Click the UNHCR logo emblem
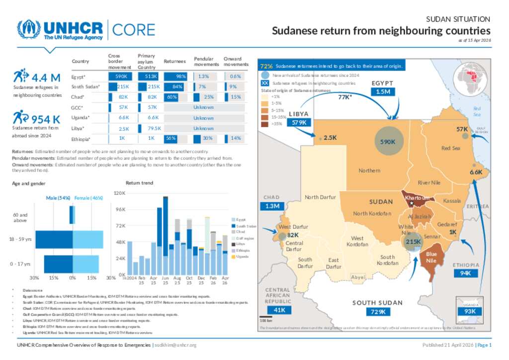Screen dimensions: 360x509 coord(29,30)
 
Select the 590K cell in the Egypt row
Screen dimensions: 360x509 coord(120,77)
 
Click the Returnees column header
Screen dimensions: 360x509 coord(174,61)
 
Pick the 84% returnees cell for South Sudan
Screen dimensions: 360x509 coord(178,87)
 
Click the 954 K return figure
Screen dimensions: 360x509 coord(45,119)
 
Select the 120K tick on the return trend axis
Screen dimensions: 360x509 coord(119,193)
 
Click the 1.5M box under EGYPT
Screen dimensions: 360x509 coord(382,91)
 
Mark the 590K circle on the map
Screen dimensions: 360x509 coord(388,142)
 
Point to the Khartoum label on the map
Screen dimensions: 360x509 coord(417,198)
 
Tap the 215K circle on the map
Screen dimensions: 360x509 coord(413,242)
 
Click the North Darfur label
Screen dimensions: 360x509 coord(320,197)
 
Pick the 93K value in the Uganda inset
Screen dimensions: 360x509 coord(470,311)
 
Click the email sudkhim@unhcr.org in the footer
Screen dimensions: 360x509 coord(176,345)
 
